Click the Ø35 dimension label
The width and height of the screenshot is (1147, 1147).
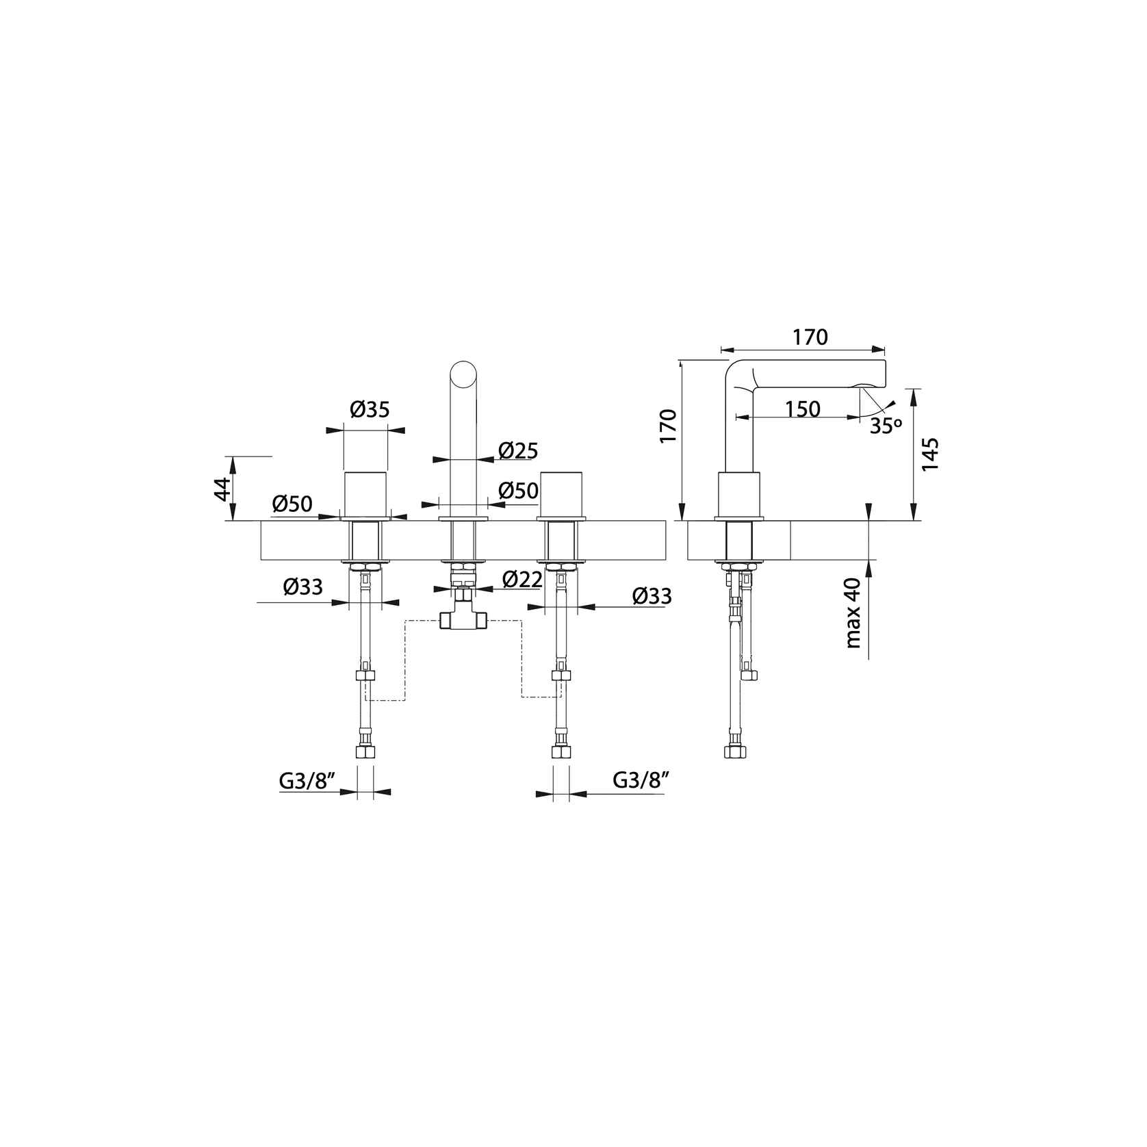pos(370,410)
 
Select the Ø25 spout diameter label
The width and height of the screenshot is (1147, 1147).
pos(518,451)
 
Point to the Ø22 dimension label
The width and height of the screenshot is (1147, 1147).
pos(522,580)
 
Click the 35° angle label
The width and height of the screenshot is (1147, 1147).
pos(886,426)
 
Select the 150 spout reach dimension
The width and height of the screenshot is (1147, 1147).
pos(802,409)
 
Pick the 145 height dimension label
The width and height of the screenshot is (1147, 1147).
pos(929,454)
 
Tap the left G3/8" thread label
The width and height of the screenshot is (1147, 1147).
pos(306,780)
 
